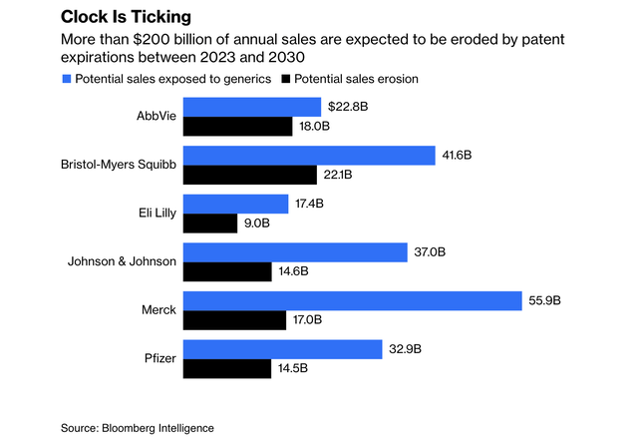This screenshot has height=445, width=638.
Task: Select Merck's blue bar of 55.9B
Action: pyautogui.click(x=353, y=300)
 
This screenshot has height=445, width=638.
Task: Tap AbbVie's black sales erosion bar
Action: pyautogui.click(x=238, y=127)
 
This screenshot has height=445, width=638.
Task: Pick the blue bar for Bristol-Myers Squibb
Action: pyautogui.click(x=310, y=155)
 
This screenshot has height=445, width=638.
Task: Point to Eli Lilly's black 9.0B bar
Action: pyautogui.click(x=209, y=223)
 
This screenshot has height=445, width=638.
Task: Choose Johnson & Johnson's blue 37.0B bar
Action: pyautogui.click(x=296, y=251)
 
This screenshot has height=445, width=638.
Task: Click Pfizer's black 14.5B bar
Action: pyautogui.click(x=227, y=369)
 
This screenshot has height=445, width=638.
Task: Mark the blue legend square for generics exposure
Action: pyautogui.click(x=68, y=78)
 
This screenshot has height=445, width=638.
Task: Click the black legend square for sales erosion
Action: pyautogui.click(x=287, y=78)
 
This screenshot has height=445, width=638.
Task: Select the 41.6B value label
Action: pyautogui.click(x=460, y=155)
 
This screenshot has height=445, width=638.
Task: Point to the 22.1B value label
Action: pyautogui.click(x=339, y=176)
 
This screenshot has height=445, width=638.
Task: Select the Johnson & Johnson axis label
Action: pyautogui.click(x=122, y=261)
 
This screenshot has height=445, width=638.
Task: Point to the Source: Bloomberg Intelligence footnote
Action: pyautogui.click(x=137, y=428)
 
